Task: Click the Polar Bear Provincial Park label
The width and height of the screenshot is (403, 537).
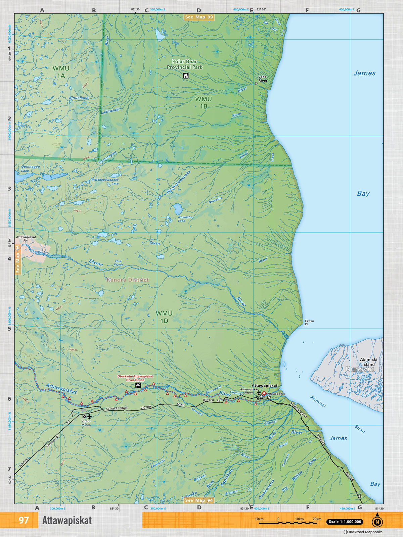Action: (185, 64)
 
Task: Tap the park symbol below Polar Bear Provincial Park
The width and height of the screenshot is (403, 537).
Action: (186, 76)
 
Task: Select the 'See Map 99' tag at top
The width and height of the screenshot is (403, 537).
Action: (199, 17)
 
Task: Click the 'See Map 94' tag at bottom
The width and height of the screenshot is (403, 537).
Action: (199, 500)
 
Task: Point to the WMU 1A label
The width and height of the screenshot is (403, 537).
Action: (61, 72)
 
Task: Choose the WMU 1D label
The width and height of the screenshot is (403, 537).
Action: (164, 317)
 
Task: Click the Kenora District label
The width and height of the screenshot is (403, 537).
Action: (128, 280)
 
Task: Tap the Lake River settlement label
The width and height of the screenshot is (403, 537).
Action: (263, 79)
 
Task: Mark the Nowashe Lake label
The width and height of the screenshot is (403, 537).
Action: (185, 219)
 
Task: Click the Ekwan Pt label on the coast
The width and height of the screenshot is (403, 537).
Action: (309, 323)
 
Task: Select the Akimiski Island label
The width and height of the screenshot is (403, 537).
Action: (368, 362)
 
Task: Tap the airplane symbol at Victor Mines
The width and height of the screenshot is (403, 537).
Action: (89, 416)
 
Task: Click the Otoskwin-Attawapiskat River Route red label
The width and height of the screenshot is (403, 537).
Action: (135, 378)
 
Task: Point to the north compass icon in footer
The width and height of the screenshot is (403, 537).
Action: (377, 521)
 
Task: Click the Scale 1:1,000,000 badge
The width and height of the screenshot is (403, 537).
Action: (345, 522)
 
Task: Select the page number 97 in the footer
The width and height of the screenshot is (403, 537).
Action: (24, 520)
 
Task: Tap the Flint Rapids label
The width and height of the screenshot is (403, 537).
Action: (118, 263)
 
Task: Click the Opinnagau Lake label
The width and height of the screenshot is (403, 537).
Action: (30, 168)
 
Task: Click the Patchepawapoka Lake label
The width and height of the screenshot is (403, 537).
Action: (106, 181)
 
